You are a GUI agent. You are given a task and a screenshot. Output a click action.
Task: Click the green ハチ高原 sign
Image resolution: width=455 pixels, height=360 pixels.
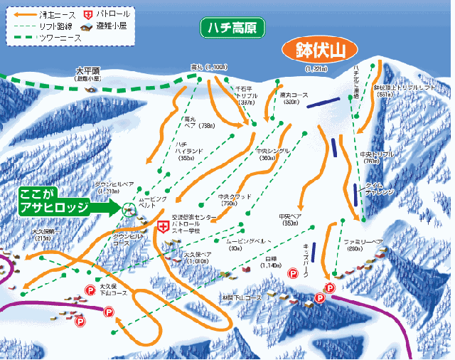pos(232,28)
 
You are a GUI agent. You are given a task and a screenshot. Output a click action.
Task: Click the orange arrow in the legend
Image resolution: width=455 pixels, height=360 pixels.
pos(24,14)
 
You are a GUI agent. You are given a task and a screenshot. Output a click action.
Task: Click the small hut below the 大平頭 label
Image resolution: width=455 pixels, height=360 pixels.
pos(90,89)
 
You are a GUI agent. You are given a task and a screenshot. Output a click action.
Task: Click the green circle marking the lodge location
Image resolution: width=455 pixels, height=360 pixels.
pos(128,208)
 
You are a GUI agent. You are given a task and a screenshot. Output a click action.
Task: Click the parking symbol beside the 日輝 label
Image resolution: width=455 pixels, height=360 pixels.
pos(291,273)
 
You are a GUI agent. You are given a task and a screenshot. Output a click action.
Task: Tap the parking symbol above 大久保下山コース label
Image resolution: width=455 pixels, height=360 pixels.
pos(90,289)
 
